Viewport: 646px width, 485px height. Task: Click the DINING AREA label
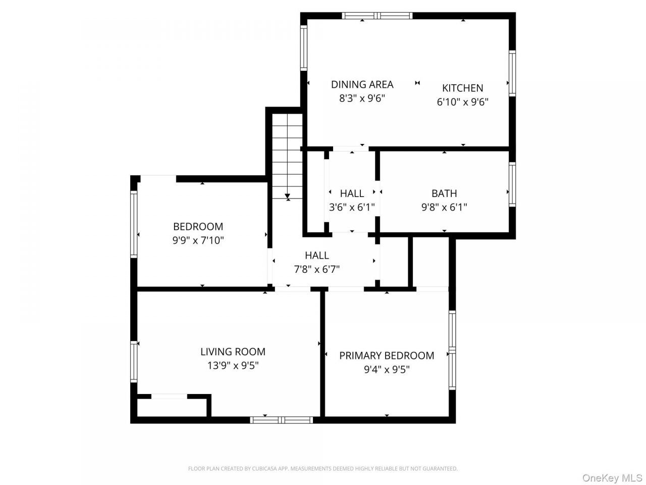362,84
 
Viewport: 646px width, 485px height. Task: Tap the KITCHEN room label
463,88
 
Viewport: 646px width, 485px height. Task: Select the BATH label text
444,193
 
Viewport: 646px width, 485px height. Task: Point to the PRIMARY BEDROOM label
387,356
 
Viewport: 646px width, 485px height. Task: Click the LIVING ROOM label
233,352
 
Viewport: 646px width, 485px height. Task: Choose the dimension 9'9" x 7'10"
198,240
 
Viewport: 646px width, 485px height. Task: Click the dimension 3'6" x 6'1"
352,207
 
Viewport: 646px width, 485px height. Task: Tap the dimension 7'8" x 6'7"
316,269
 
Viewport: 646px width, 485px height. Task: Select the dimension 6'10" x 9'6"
463,102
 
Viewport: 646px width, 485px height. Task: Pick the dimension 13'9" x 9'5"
233,365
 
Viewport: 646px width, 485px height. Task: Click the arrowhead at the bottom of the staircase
287,196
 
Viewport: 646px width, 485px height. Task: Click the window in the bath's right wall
512,184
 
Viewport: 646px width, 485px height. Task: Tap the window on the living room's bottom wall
281,420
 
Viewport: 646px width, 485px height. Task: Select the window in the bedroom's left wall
134,224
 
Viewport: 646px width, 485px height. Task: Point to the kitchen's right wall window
512,73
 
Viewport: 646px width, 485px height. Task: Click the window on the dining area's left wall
303,48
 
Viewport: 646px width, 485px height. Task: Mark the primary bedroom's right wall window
452,350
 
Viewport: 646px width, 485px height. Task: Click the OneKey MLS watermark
613,477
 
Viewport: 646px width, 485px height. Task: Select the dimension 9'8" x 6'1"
444,207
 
